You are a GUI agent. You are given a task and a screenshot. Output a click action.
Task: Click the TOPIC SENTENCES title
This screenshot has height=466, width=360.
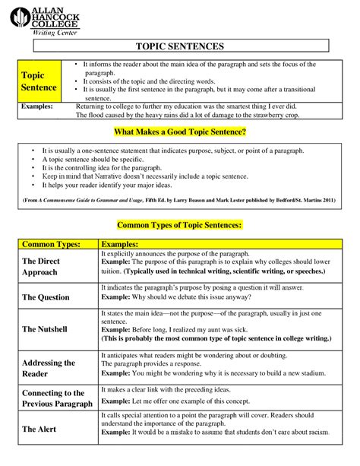point(179,46)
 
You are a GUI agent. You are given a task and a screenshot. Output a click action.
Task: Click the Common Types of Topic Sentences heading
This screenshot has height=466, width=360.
point(179,226)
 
